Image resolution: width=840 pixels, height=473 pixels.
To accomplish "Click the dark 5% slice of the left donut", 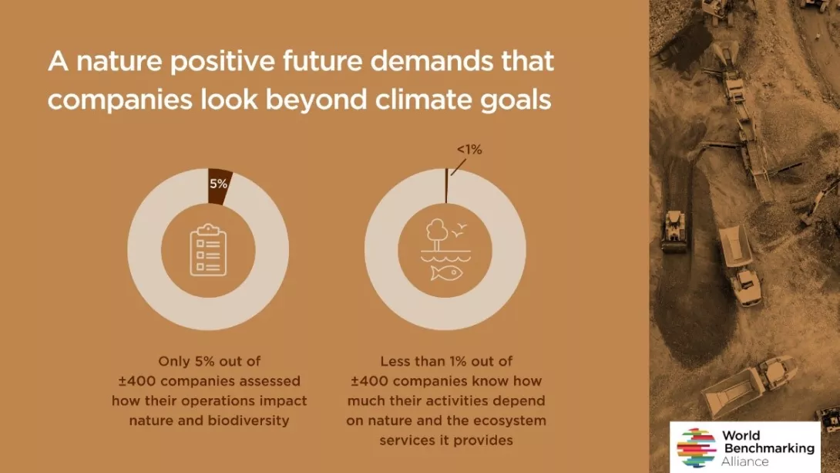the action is point(219,186).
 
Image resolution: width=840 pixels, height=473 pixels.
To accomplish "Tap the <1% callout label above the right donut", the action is point(469,150).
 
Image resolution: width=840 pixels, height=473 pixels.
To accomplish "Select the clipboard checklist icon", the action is point(208,250).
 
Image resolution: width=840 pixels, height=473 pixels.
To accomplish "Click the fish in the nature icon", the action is point(447,273).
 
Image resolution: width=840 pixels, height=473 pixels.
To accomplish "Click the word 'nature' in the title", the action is point(119,61).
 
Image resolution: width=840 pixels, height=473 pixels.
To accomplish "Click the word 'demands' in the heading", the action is point(432,61).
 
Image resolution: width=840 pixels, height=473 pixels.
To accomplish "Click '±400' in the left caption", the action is point(137,381).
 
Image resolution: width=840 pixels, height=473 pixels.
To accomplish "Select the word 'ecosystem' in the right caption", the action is point(511,421).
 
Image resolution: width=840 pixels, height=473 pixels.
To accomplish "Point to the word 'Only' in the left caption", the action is point(174,361).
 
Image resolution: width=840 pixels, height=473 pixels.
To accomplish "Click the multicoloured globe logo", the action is point(697,448).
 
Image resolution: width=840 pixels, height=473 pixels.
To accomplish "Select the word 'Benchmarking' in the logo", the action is point(769,448).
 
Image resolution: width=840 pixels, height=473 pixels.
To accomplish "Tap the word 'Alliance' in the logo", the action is point(744,461).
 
